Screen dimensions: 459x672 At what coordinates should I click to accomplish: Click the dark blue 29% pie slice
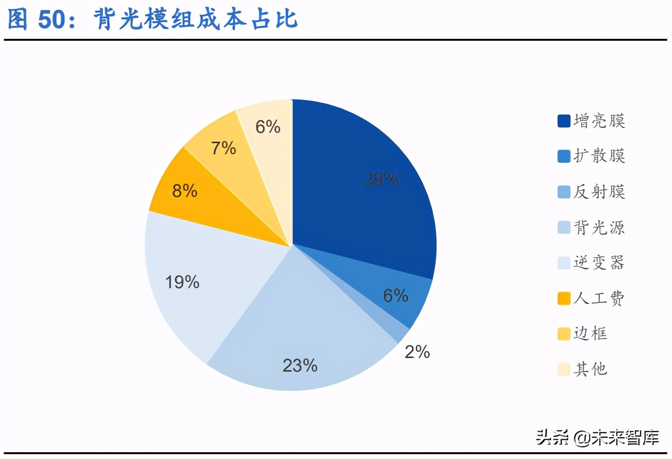[x=359, y=194]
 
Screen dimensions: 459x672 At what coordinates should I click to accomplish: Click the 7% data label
[x=223, y=148]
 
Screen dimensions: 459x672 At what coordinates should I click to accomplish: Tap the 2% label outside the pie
[x=417, y=352]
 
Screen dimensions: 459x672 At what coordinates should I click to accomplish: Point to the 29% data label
[x=381, y=180]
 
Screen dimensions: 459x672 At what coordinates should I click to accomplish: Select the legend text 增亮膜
[x=599, y=121]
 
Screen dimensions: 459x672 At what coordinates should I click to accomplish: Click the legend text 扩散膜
[x=599, y=156]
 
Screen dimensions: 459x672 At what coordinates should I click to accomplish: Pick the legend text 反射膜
[x=599, y=192]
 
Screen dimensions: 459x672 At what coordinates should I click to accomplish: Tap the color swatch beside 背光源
[x=564, y=227]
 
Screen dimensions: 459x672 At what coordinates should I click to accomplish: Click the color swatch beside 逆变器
[x=564, y=262]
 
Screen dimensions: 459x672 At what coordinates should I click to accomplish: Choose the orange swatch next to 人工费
[x=564, y=298]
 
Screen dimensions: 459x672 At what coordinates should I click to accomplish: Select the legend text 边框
[x=590, y=333]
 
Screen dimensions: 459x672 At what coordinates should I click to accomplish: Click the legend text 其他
[x=590, y=369]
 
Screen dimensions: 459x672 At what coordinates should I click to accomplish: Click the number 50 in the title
[x=51, y=20]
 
